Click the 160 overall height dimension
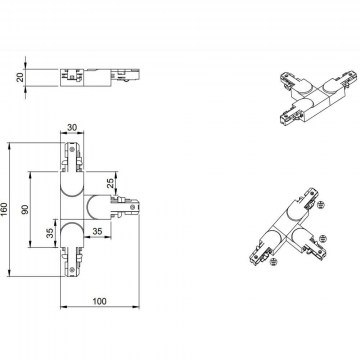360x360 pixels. coord(4,209)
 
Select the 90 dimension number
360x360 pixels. coord(26,209)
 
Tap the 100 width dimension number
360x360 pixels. coord(99,301)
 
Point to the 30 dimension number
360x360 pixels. coord(72,128)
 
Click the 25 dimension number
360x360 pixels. coord(110,182)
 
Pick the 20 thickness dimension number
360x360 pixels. coord(20,78)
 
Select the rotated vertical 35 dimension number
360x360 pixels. coord(50,233)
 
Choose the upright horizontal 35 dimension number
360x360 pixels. coord(97,231)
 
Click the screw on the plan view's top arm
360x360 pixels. coord(72,149)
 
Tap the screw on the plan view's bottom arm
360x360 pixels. coord(72,270)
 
